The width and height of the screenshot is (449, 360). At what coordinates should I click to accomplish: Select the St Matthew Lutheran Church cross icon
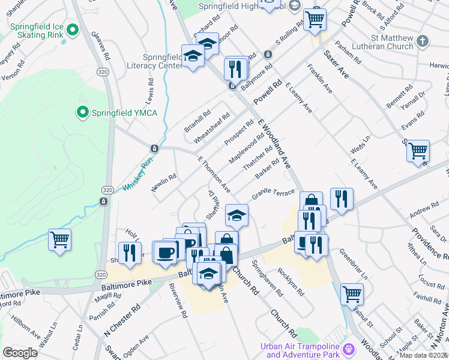[x=423, y=41]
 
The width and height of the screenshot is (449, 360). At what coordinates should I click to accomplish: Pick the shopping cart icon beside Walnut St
[x=352, y=294]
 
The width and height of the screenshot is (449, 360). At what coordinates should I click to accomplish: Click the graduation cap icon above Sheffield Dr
[x=237, y=214]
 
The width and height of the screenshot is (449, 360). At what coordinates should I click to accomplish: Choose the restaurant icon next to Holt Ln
[x=129, y=252]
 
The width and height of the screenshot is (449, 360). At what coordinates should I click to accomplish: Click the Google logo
[x=20, y=353]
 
